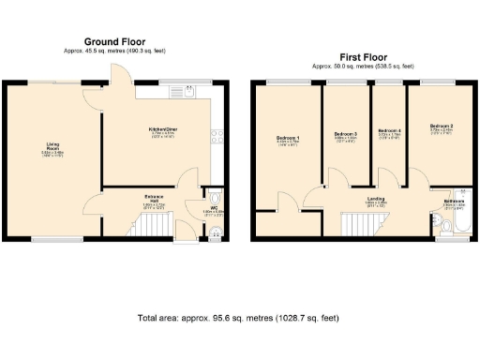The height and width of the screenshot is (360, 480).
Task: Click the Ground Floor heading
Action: [113, 41]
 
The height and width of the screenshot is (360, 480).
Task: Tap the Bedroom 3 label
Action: [346, 135]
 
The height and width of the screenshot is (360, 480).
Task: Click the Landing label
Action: [375, 199]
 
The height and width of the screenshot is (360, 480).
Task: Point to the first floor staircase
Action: [356, 225]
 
